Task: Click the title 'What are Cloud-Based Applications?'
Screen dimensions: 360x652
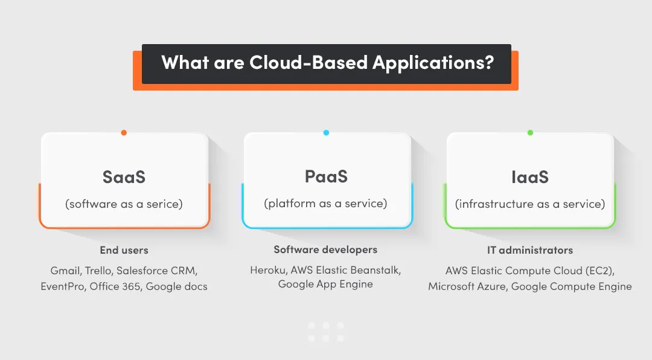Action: (327, 63)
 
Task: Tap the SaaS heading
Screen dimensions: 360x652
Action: (124, 177)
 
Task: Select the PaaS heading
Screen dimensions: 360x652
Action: (326, 176)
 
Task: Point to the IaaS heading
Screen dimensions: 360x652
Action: (529, 177)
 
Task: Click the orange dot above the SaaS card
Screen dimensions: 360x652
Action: (124, 133)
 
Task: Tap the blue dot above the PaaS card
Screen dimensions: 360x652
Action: (326, 133)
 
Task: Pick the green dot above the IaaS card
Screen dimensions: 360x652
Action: (530, 133)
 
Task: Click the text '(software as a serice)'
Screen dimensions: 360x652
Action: (124, 204)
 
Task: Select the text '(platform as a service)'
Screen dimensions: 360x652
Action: (326, 204)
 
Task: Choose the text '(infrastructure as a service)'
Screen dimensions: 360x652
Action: (529, 204)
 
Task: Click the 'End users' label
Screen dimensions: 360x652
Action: (124, 250)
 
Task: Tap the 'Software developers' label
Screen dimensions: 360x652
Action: (325, 249)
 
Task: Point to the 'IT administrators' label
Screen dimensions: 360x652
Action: (530, 250)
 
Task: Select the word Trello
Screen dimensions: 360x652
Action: (98, 270)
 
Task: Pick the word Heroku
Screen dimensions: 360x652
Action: (268, 269)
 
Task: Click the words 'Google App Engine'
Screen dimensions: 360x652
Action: (325, 284)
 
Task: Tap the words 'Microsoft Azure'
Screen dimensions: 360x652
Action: (467, 286)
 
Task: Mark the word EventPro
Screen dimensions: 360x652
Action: (63, 286)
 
